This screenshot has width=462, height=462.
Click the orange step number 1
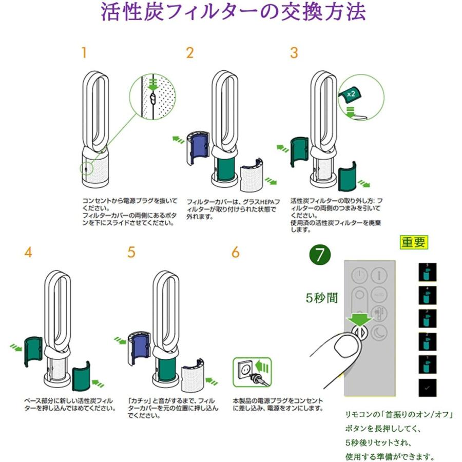84,53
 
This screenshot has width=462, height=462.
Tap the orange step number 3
294,53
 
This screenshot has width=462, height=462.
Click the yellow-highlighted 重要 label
414,242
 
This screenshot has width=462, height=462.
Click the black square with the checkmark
427,387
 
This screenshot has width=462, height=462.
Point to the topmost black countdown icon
427,272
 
